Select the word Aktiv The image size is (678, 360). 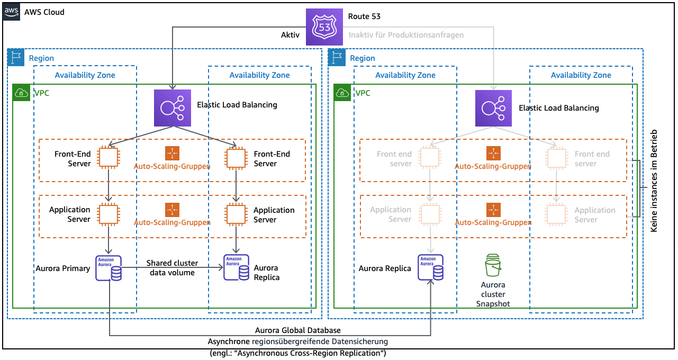click(290, 35)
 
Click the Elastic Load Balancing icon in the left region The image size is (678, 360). click(172, 108)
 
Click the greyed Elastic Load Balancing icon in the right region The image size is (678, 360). click(493, 108)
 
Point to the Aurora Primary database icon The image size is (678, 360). click(108, 268)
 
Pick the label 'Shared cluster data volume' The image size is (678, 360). click(172, 268)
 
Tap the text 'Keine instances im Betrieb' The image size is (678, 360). click(654, 181)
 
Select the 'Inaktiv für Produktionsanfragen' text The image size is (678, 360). click(406, 35)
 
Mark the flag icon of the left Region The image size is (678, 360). click(16, 58)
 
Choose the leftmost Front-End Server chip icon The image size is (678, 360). click(109, 157)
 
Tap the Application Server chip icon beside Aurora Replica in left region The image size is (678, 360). click(235, 213)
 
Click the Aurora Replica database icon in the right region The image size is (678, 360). click(431, 268)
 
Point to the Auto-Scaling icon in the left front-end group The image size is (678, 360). click(172, 154)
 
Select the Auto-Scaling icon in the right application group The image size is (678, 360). click(493, 210)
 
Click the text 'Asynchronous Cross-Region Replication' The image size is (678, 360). click(298, 353)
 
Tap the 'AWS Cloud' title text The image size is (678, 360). click(44, 12)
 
